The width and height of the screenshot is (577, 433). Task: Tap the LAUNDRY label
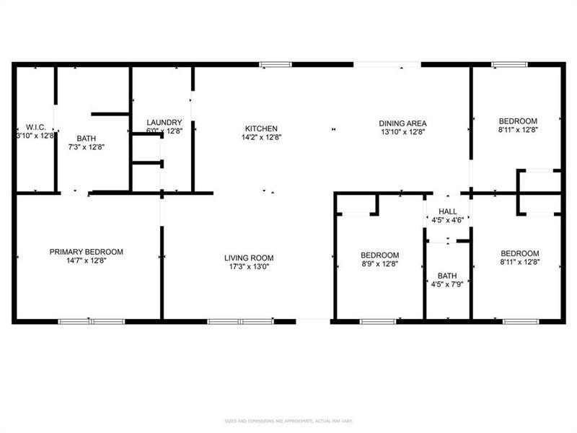pyautogui.click(x=164, y=123)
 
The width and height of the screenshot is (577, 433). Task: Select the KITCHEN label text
pyautogui.click(x=261, y=128)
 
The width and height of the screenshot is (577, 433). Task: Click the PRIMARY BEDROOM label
pyautogui.click(x=86, y=252)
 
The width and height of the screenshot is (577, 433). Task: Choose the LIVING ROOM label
pyautogui.click(x=248, y=258)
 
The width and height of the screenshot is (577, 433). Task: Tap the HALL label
pyautogui.click(x=447, y=211)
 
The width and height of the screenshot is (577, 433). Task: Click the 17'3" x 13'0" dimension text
pyautogui.click(x=248, y=267)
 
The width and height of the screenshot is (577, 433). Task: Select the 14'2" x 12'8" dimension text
pyautogui.click(x=261, y=137)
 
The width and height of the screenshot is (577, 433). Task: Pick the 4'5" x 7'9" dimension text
pyautogui.click(x=446, y=284)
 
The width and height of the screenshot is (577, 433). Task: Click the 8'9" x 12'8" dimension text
pyautogui.click(x=379, y=264)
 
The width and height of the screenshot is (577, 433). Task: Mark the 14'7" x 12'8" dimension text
pyautogui.click(x=86, y=261)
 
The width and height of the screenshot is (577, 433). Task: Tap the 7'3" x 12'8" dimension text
pyautogui.click(x=86, y=146)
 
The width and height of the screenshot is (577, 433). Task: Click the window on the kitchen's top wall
pyautogui.click(x=270, y=65)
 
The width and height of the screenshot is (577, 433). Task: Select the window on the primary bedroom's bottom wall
pyautogui.click(x=92, y=320)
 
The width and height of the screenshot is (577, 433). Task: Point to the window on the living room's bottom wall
pyautogui.click(x=240, y=320)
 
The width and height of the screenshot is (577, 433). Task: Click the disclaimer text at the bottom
pyautogui.click(x=288, y=420)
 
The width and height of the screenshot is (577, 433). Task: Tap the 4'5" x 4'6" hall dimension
pyautogui.click(x=447, y=220)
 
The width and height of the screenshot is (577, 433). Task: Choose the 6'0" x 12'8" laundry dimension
pyautogui.click(x=164, y=131)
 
